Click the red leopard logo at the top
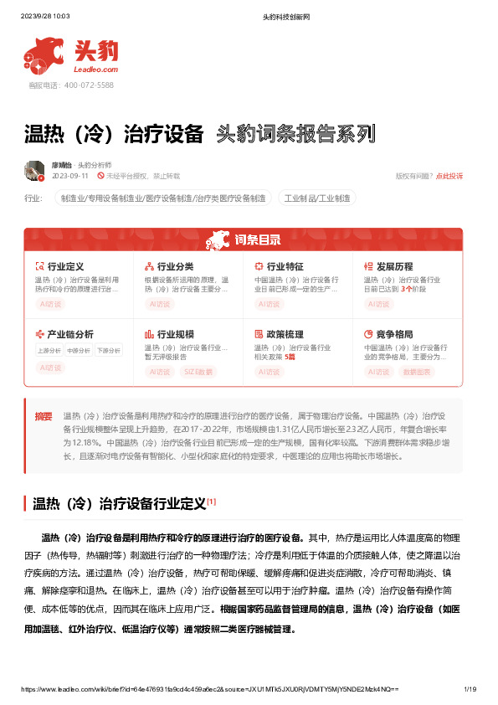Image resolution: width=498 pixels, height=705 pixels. [x=44, y=55]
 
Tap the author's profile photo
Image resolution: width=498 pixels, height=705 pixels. [x=34, y=171]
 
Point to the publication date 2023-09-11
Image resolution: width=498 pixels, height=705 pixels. [x=70, y=177]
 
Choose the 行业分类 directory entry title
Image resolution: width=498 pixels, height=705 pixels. [x=176, y=266]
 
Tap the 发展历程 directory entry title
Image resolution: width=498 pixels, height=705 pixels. [x=395, y=266]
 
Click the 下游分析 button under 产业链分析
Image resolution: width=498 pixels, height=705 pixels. [x=108, y=350]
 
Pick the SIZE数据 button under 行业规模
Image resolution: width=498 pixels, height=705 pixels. [x=198, y=369]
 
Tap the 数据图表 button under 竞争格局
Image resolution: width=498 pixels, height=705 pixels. [x=417, y=369]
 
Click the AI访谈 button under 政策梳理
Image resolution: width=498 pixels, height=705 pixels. [x=270, y=369]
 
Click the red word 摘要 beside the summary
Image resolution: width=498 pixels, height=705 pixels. [x=44, y=415]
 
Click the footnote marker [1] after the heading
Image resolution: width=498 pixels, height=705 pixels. [x=212, y=502]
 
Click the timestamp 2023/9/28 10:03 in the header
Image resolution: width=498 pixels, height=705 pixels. [x=45, y=15]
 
